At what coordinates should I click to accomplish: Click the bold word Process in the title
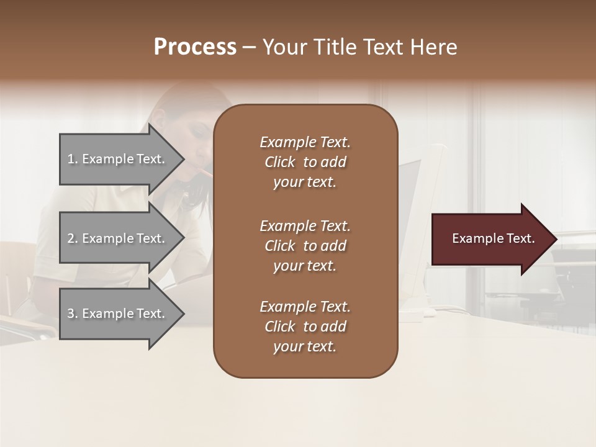(195, 47)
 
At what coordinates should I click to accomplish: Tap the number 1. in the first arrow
(73, 159)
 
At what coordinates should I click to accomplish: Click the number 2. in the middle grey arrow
(73, 238)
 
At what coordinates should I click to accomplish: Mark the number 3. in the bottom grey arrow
(73, 314)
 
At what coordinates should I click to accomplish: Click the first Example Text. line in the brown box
(305, 142)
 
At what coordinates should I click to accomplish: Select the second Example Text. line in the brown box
(305, 226)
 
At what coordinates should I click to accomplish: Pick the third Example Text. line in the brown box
(305, 307)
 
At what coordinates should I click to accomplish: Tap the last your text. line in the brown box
(305, 346)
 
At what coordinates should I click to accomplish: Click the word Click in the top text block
(279, 162)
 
